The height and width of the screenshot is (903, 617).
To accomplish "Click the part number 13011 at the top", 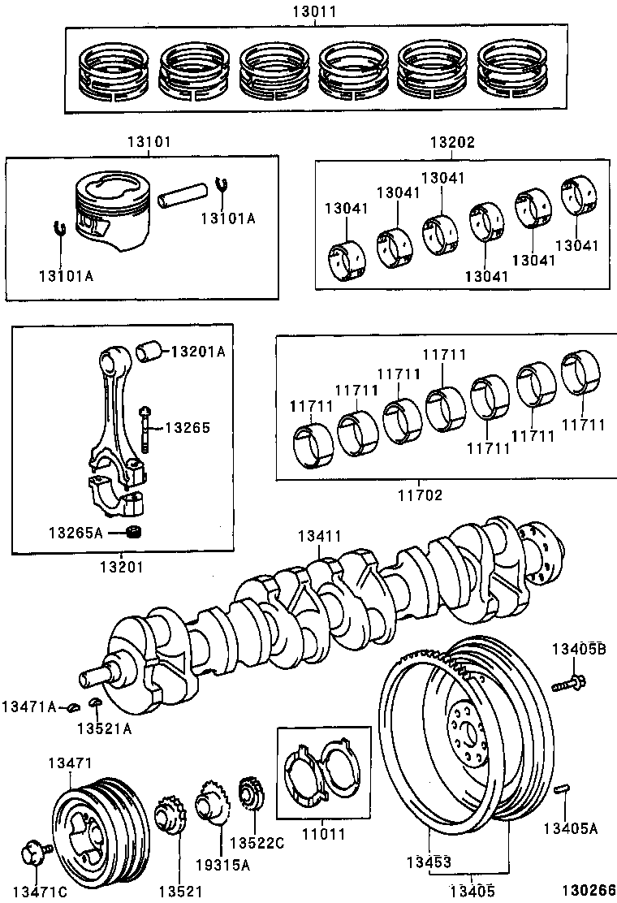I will (x=316, y=11).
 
